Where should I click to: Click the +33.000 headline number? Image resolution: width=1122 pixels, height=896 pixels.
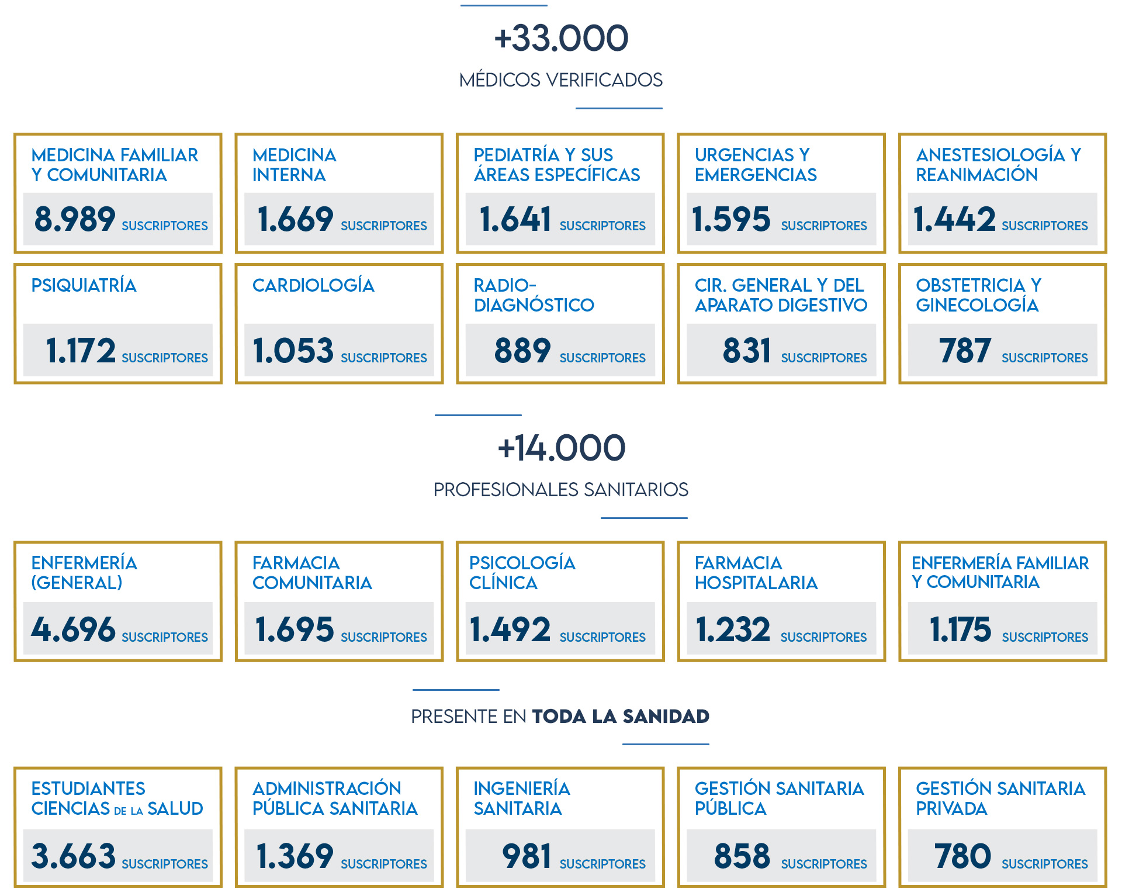(x=561, y=39)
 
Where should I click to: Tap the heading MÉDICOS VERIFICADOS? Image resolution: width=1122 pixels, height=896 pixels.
(x=561, y=79)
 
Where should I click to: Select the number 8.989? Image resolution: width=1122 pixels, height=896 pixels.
(x=75, y=220)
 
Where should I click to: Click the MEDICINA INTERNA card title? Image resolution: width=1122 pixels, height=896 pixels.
(x=294, y=165)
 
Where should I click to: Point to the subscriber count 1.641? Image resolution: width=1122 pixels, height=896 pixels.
(x=515, y=220)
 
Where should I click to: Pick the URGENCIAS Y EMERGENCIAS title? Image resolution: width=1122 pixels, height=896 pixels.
(x=755, y=165)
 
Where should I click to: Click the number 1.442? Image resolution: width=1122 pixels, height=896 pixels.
(x=954, y=220)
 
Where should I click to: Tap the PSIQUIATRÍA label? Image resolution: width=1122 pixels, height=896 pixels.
(x=84, y=285)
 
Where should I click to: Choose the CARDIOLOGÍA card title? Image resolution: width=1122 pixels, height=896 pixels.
(x=313, y=285)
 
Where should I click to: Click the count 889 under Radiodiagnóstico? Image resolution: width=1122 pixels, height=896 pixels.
(x=522, y=351)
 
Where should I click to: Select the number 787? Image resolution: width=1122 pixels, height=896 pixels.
(x=965, y=351)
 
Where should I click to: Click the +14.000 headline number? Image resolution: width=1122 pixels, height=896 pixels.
(x=561, y=448)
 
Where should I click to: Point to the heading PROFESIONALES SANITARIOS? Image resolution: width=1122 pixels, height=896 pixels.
(x=561, y=489)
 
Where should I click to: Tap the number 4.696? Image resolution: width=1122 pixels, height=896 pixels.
(x=73, y=629)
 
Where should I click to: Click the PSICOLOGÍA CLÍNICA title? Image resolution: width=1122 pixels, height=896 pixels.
(x=522, y=573)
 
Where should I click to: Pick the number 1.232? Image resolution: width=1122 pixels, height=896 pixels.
(x=733, y=629)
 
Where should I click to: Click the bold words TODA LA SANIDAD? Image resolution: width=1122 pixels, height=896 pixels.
(x=621, y=716)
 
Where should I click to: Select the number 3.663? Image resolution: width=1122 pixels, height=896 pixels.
(x=73, y=856)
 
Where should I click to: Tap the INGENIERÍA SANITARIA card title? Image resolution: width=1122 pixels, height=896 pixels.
(x=521, y=798)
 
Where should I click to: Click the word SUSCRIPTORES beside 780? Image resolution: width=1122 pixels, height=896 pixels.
(x=1045, y=864)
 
